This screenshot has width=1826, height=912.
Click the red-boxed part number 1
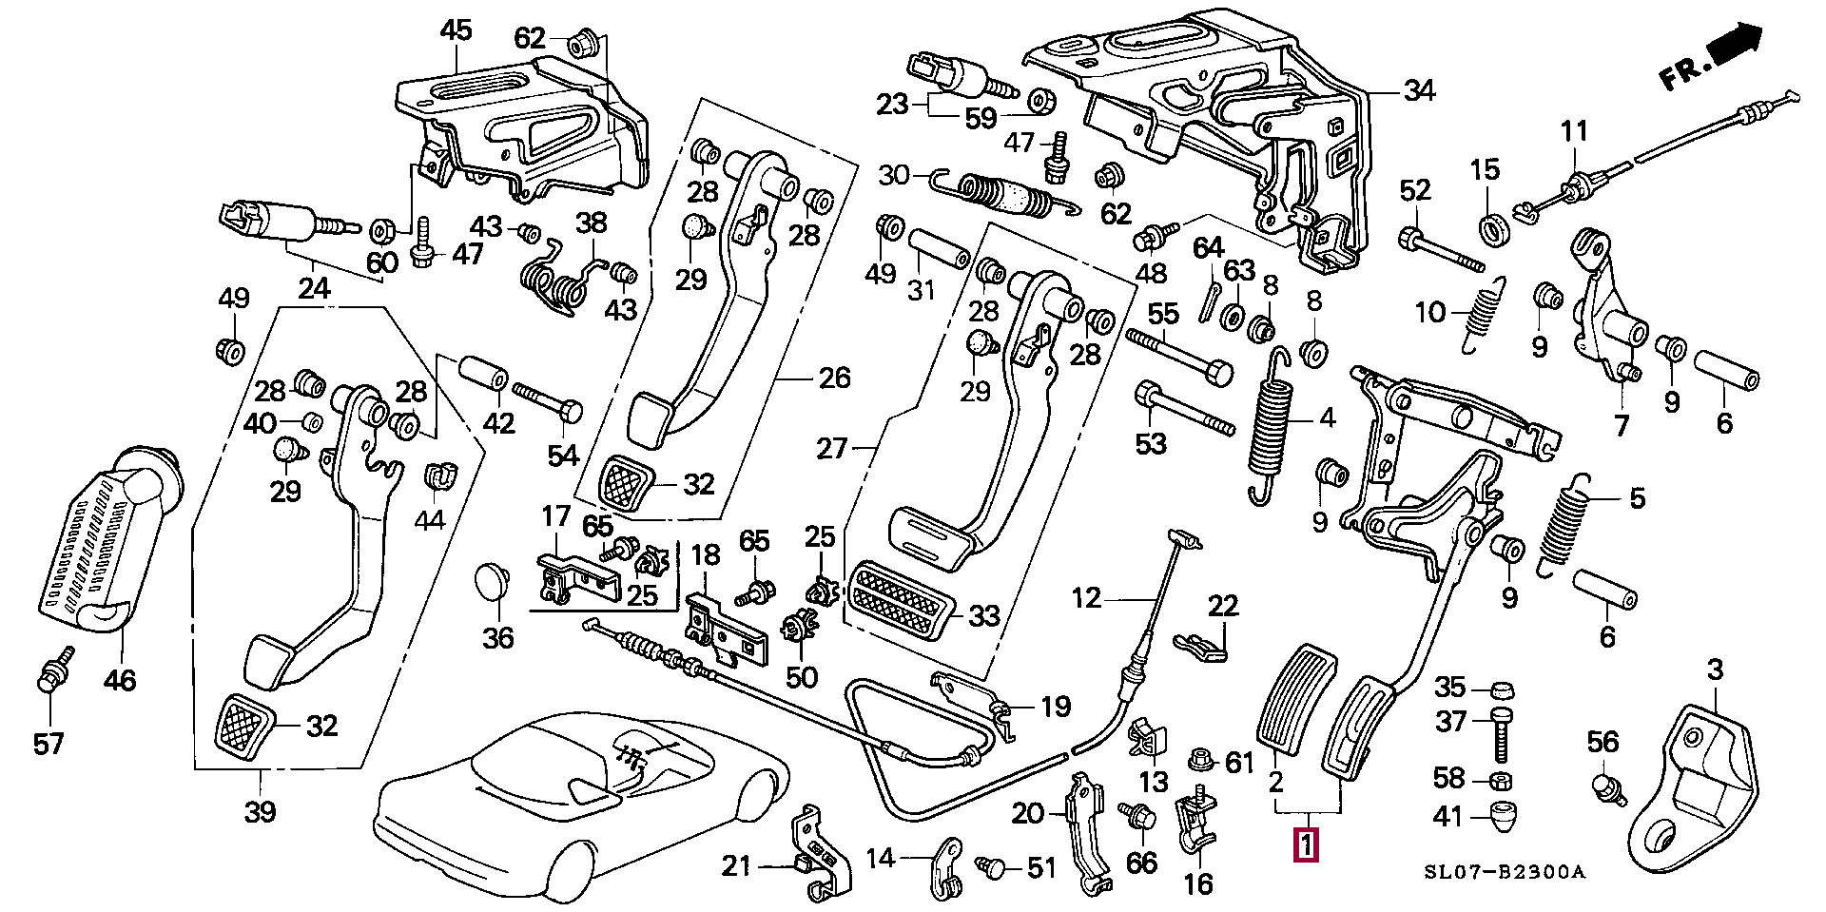(1307, 845)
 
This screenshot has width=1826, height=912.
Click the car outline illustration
(580, 799)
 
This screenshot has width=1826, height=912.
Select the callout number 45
(456, 30)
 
